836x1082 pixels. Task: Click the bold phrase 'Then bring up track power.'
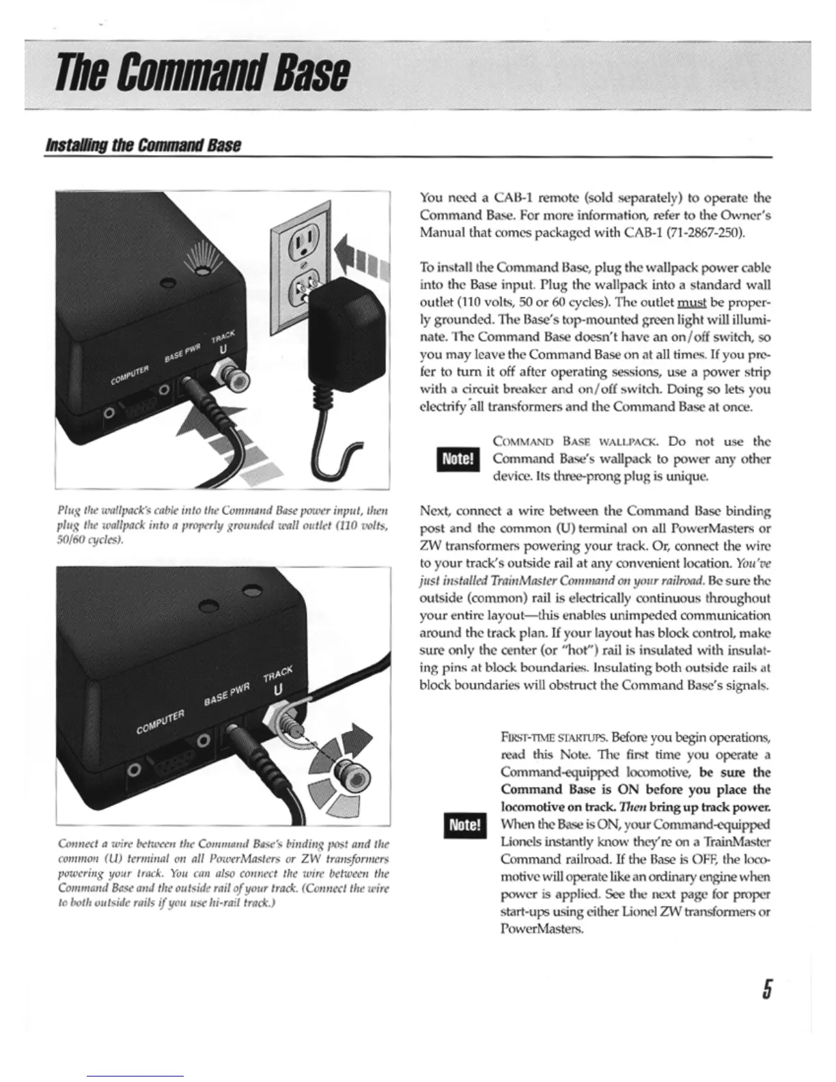(705, 806)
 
